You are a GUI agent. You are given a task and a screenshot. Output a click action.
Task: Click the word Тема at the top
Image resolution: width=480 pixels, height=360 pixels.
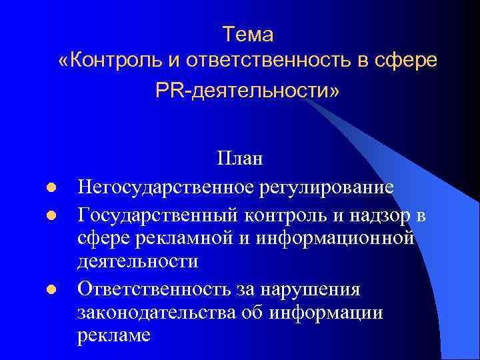248,33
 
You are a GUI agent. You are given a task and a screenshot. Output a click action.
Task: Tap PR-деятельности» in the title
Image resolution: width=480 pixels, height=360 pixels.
247,90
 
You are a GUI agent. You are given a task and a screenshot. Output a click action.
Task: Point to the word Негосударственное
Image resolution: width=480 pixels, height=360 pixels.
165,187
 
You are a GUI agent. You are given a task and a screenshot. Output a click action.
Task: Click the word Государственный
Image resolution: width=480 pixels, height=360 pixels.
154,216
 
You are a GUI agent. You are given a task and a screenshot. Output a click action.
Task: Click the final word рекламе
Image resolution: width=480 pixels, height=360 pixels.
114,335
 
